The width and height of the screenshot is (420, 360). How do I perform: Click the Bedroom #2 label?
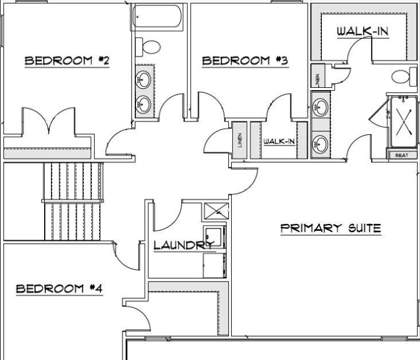[67, 61]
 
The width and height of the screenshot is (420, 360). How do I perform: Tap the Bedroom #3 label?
[244, 60]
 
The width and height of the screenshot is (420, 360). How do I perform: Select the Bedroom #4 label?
[59, 288]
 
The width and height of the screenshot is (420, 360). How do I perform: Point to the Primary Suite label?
[330, 229]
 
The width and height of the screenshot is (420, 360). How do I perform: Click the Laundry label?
[184, 246]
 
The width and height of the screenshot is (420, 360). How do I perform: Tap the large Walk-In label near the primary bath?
[363, 31]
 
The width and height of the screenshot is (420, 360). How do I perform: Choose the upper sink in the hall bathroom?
[145, 79]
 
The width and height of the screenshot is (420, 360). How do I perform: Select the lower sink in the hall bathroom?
[145, 104]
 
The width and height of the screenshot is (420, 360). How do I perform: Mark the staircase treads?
[73, 201]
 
